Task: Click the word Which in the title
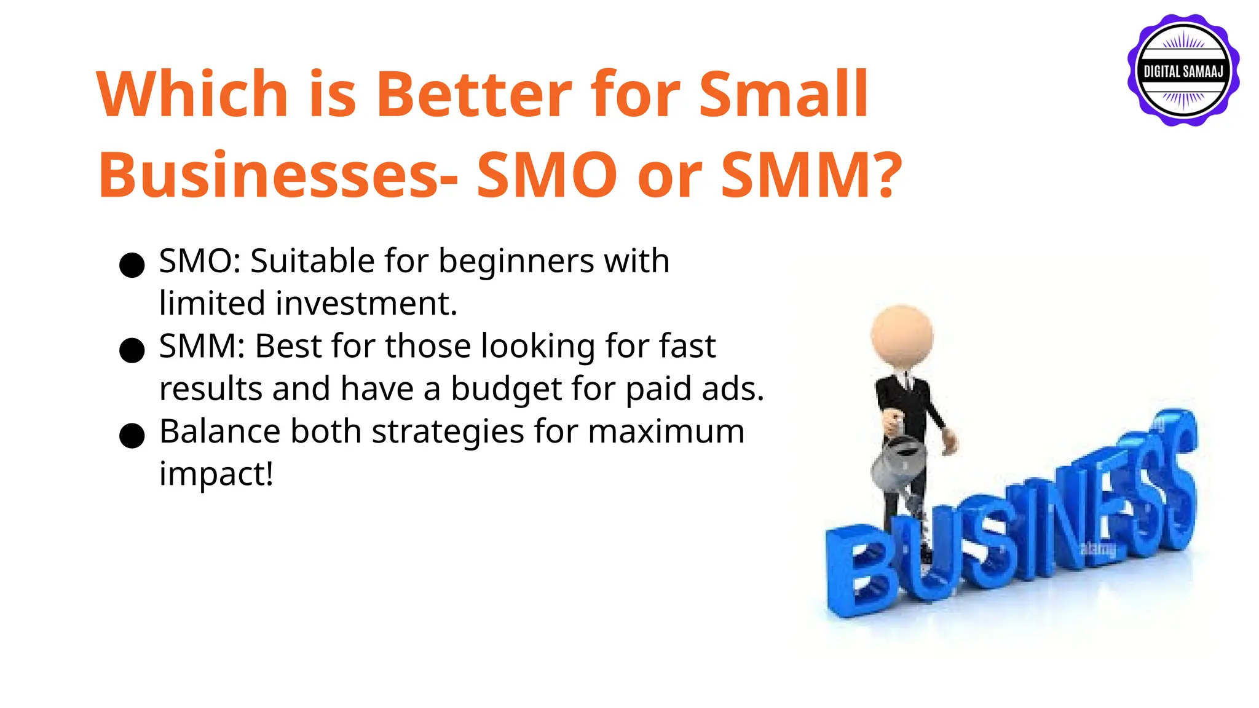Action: pyautogui.click(x=192, y=95)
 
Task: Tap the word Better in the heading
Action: pyautogui.click(x=473, y=95)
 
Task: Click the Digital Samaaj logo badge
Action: pyautogui.click(x=1183, y=71)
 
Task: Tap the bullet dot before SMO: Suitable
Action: pyautogui.click(x=132, y=265)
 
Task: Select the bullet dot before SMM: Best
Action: pyautogui.click(x=132, y=351)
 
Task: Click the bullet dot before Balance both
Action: pyautogui.click(x=132, y=436)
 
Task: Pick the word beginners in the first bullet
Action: pyautogui.click(x=516, y=262)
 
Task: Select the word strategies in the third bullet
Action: pyautogui.click(x=447, y=431)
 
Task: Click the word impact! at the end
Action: pyautogui.click(x=216, y=474)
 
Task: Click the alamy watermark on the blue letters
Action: pyautogui.click(x=1097, y=548)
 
